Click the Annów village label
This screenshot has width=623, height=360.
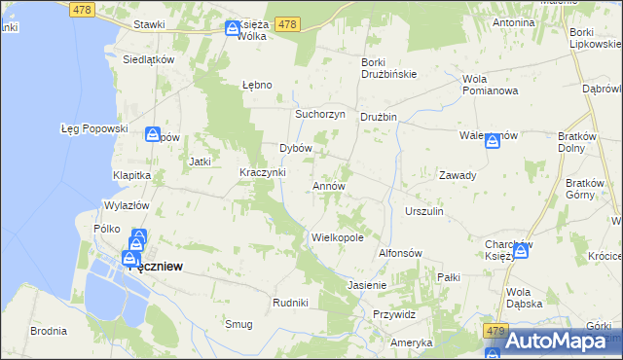tap(328, 185)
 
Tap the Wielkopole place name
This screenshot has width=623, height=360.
tap(337, 236)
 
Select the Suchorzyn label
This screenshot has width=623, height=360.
tap(320, 113)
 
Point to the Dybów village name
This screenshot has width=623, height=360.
tap(295, 148)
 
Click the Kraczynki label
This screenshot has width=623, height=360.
tap(262, 172)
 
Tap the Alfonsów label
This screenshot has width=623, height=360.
tap(399, 252)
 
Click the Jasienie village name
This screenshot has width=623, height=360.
tap(367, 285)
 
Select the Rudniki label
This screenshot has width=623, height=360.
tap(290, 303)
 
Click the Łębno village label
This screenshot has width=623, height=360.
tap(256, 84)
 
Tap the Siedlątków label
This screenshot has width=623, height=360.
tap(148, 58)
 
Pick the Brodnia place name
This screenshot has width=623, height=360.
tap(48, 331)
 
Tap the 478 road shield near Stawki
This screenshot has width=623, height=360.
tap(82, 9)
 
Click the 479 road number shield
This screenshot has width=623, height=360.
tap(495, 332)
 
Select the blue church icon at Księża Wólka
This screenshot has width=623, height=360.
tap(233, 29)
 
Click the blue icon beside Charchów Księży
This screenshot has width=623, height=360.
tap(521, 251)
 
